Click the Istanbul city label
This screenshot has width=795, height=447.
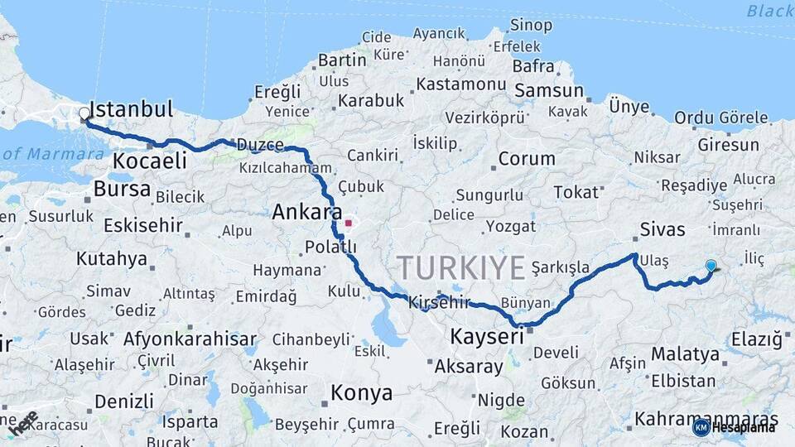131,109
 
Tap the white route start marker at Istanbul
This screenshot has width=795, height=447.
84,114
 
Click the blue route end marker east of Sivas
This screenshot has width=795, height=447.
711,266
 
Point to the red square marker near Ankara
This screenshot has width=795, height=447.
349,223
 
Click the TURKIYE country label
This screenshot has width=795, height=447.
460,268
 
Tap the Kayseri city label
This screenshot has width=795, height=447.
487,337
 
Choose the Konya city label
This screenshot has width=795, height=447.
361,393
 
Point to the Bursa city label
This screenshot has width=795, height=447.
122,190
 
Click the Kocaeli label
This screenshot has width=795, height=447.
150,161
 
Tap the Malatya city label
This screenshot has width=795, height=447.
685,354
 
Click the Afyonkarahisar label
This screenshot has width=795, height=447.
190,339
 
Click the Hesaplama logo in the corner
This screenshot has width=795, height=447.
735,427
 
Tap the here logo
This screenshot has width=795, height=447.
26,422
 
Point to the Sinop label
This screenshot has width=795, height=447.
531,26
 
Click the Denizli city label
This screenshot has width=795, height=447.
123,401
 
